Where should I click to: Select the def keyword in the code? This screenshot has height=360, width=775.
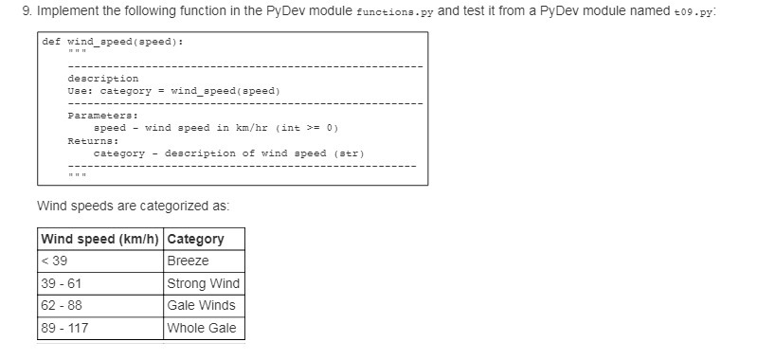click(51, 43)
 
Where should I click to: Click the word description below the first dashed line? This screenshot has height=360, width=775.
click(103, 78)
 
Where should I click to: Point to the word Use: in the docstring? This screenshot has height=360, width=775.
click(81, 90)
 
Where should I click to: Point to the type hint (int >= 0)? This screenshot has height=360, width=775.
click(307, 127)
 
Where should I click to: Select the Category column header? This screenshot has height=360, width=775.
click(195, 239)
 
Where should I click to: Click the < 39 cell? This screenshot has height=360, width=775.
click(55, 261)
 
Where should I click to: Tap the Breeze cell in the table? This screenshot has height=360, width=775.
click(188, 261)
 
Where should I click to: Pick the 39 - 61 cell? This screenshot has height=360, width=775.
click(61, 283)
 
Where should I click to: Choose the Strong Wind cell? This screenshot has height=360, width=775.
click(203, 283)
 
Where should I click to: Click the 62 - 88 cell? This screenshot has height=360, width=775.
click(61, 306)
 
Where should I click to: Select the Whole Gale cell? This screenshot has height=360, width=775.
click(201, 329)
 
